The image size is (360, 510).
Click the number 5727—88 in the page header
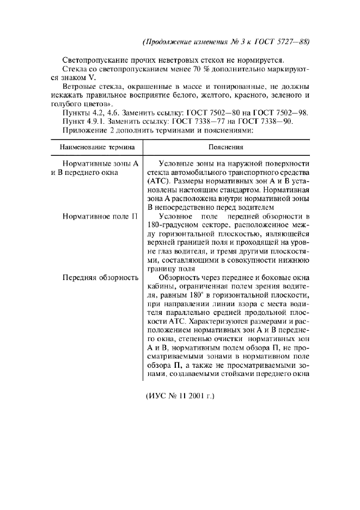pos(298,41)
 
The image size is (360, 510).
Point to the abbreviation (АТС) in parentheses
pos(158,182)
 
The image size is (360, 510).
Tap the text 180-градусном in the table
pos(167,226)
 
